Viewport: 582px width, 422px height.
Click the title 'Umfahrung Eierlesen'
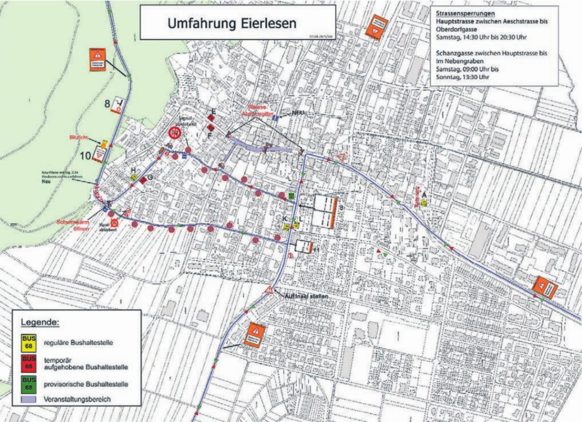coord(232,24)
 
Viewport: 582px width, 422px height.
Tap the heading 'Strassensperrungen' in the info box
coord(465,13)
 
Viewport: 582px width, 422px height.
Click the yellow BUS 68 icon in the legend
coord(28,343)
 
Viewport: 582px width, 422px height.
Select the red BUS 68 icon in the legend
coord(28,363)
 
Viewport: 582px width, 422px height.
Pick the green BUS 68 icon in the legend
coord(28,384)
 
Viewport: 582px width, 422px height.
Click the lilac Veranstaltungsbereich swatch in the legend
coord(28,399)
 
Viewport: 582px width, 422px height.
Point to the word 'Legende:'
coord(40,322)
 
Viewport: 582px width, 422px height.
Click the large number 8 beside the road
coord(107,104)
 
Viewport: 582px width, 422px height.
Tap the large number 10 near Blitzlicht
coord(85,156)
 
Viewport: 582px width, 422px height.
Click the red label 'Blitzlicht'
coord(79,137)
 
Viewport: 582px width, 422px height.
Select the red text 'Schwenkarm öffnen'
coord(73,225)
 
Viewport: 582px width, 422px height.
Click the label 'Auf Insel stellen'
coord(306,296)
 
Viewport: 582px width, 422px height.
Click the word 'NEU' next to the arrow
coord(298,113)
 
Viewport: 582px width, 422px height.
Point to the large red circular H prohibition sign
coord(175,133)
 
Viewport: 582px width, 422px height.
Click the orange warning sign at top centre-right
coord(376,28)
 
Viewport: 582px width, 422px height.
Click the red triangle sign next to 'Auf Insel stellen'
coord(269,290)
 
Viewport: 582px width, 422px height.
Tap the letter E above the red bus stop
coord(213,112)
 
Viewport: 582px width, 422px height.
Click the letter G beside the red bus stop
coord(150,177)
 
